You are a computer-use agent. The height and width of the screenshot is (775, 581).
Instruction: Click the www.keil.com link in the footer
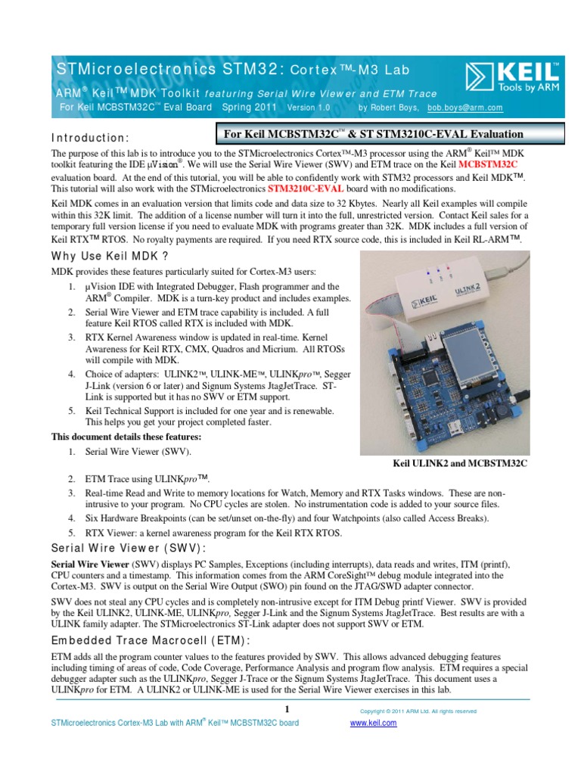point(373,723)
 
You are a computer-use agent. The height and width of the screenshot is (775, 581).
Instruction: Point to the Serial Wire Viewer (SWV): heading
point(128,548)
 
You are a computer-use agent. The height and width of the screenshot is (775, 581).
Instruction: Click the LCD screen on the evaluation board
point(484,356)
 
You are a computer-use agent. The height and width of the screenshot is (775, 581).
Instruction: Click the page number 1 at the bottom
point(287,708)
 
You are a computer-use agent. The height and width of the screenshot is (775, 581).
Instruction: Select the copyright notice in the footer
point(418,711)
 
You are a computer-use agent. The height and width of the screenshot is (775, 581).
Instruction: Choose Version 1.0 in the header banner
point(309,107)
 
